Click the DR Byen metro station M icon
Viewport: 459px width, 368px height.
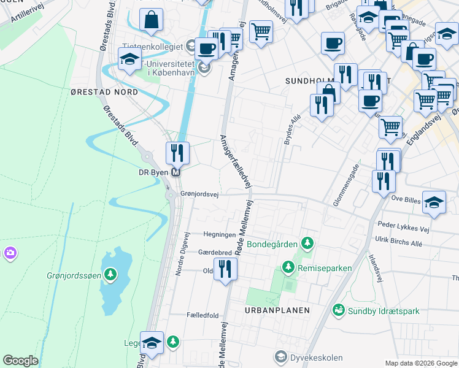[177, 173]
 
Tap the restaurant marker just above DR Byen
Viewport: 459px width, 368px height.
[177, 151]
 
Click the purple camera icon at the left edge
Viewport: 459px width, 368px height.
[10, 253]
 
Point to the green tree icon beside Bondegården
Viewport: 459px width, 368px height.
[307, 244]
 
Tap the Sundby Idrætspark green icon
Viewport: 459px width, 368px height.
[338, 311]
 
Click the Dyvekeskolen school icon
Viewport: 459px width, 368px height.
[281, 356]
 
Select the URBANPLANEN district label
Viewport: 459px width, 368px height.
[277, 310]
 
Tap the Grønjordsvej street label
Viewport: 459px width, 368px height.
[200, 193]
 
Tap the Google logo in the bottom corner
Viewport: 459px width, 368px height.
[20, 361]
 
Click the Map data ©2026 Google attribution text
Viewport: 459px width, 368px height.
[421, 363]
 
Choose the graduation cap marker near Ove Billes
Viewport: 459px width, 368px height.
[434, 203]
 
